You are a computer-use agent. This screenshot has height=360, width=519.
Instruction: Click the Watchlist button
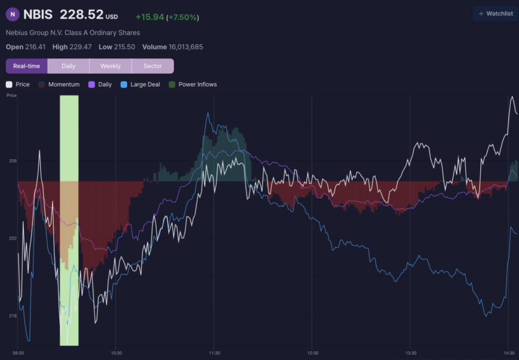pyautogui.click(x=496, y=14)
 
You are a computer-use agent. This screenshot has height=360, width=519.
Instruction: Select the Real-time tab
pyautogui.click(x=26, y=66)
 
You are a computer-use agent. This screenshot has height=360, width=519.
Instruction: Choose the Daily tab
pyautogui.click(x=68, y=66)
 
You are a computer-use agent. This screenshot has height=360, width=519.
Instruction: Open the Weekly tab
pyautogui.click(x=110, y=66)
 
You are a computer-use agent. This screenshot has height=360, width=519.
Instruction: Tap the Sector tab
pyautogui.click(x=153, y=66)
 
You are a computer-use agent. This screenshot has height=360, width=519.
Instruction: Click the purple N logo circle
pyautogui.click(x=13, y=14)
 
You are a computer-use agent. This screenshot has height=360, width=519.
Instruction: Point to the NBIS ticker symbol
pyautogui.click(x=38, y=15)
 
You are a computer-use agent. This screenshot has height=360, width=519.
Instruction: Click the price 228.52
pyautogui.click(x=82, y=15)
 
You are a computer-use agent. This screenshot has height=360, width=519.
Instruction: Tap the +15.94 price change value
pyautogui.click(x=150, y=17)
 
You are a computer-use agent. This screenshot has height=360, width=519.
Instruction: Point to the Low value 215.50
pyautogui.click(x=125, y=47)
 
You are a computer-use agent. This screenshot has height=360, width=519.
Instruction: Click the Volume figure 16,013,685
pyautogui.click(x=186, y=47)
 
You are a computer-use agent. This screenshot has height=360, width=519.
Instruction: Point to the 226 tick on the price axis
pyautogui.click(x=13, y=161)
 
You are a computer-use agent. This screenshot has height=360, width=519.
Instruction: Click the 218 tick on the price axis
pyautogui.click(x=13, y=316)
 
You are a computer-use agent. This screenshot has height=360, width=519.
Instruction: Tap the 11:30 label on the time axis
pyautogui.click(x=214, y=353)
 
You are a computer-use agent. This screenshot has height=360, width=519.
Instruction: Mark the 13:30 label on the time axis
pyautogui.click(x=411, y=353)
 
